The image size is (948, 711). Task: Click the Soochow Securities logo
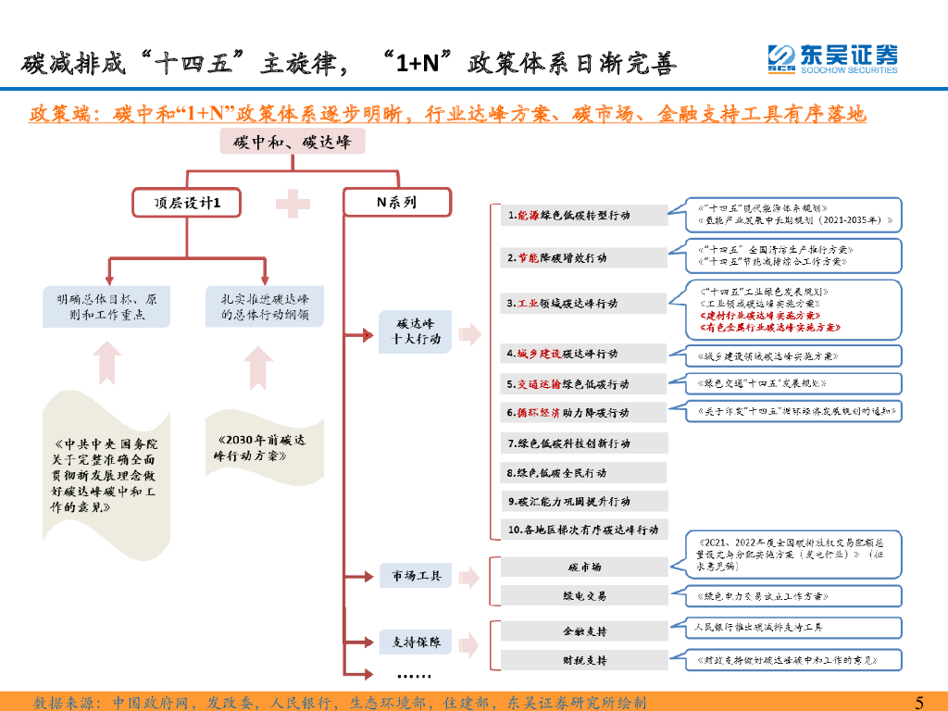[831, 58]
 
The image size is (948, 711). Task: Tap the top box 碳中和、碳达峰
[292, 142]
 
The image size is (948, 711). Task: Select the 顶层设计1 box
[187, 203]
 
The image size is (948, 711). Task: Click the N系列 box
[396, 203]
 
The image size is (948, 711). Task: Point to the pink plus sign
[293, 204]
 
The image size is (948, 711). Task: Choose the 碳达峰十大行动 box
[415, 331]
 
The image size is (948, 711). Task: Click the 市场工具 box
[415, 576]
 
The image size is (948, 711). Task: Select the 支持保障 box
[415, 642]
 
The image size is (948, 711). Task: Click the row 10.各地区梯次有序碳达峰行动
[585, 530]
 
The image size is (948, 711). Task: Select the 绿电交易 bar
[585, 595]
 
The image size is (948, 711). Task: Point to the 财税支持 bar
[585, 660]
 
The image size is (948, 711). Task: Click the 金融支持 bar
[585, 630]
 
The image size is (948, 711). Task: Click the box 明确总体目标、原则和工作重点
[106, 306]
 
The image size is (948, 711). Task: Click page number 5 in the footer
[918, 702]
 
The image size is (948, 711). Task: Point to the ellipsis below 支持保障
[415, 673]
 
